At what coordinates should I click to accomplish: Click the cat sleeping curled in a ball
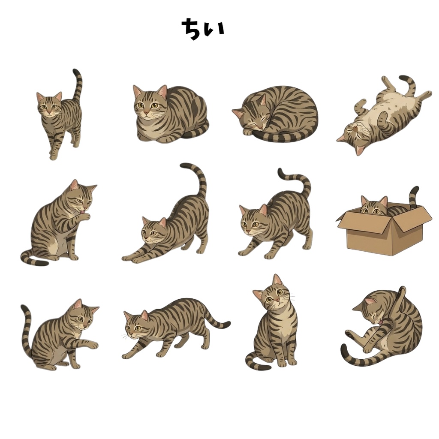tap(276, 113)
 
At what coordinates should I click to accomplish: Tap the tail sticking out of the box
tap(414, 197)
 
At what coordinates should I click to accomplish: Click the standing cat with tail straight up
tap(59, 115)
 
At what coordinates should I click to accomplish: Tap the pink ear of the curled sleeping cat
tap(239, 113)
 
